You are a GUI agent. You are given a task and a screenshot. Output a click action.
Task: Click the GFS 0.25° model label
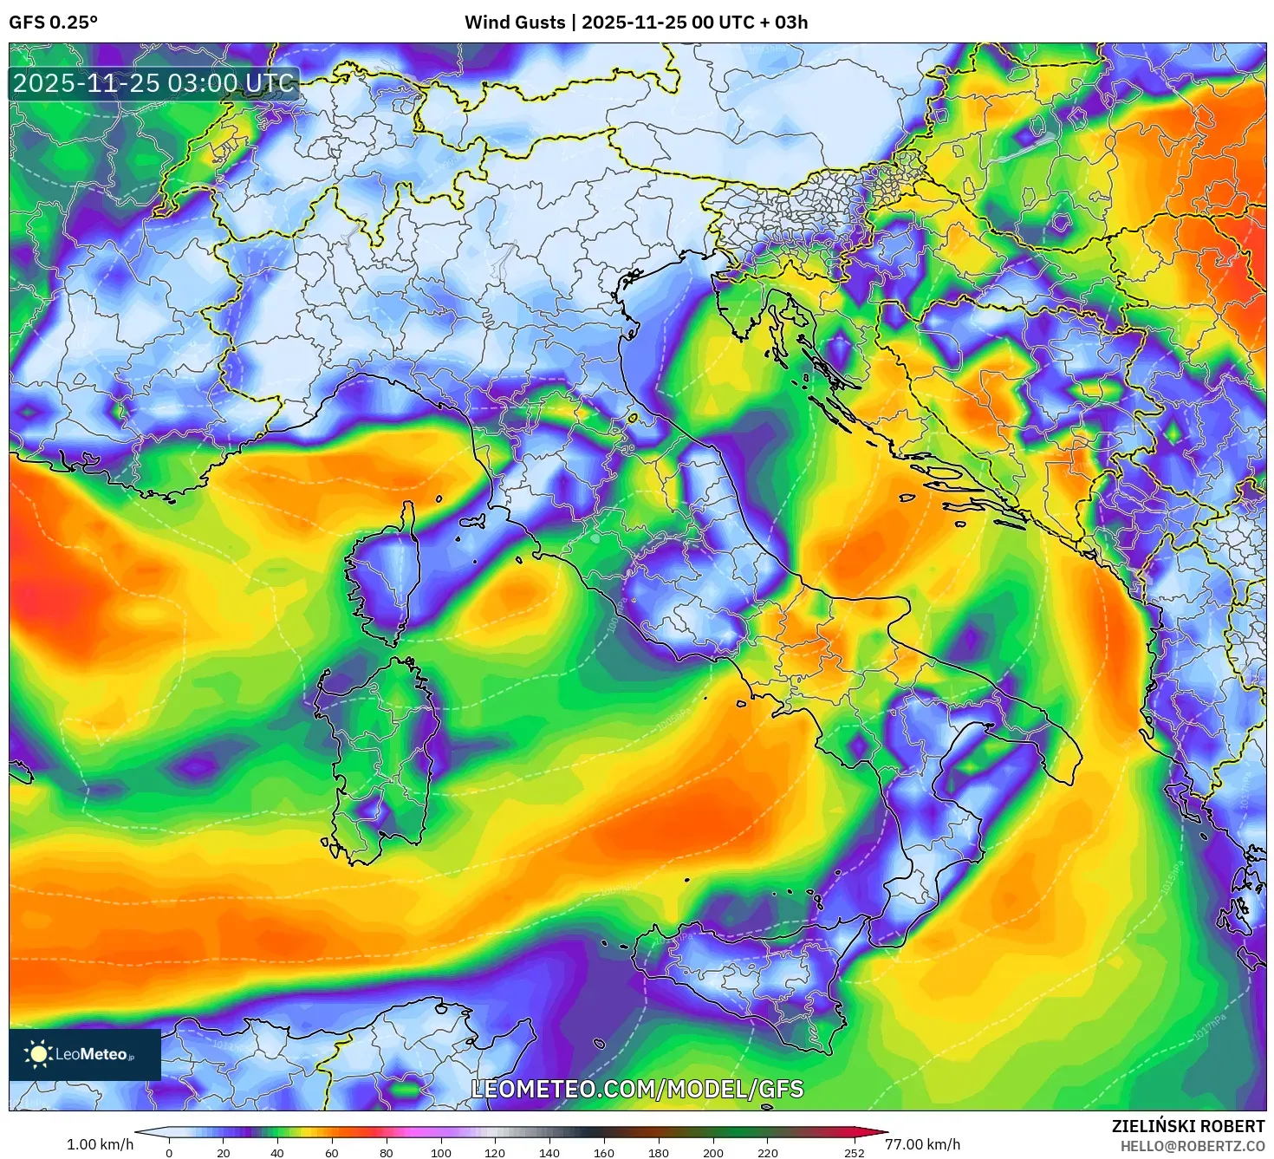click(x=53, y=23)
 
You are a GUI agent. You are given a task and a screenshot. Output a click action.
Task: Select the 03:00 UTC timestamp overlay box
click(x=154, y=84)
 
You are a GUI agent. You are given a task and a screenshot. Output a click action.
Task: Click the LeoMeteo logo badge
click(x=85, y=1054)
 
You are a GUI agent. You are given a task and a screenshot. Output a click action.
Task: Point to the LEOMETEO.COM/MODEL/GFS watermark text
click(x=637, y=1089)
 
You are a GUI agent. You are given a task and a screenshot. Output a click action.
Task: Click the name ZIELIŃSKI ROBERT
click(x=1187, y=1126)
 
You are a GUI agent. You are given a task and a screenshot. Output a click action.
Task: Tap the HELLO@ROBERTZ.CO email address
click(x=1192, y=1146)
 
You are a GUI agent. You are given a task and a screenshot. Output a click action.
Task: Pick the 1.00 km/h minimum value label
click(x=100, y=1144)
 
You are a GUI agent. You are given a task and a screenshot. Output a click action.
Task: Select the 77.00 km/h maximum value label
click(x=922, y=1144)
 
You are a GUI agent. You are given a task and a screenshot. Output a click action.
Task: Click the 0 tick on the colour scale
click(x=169, y=1153)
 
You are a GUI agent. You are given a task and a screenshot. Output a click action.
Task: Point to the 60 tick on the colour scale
click(x=332, y=1153)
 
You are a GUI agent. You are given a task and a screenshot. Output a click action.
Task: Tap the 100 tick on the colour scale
click(x=441, y=1153)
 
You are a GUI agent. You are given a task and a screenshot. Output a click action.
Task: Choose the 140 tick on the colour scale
click(x=549, y=1153)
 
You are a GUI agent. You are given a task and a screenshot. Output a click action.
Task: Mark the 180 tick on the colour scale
click(x=659, y=1153)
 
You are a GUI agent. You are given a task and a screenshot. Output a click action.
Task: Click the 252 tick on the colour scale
click(x=855, y=1153)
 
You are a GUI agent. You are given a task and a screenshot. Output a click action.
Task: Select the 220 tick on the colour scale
click(x=767, y=1153)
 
